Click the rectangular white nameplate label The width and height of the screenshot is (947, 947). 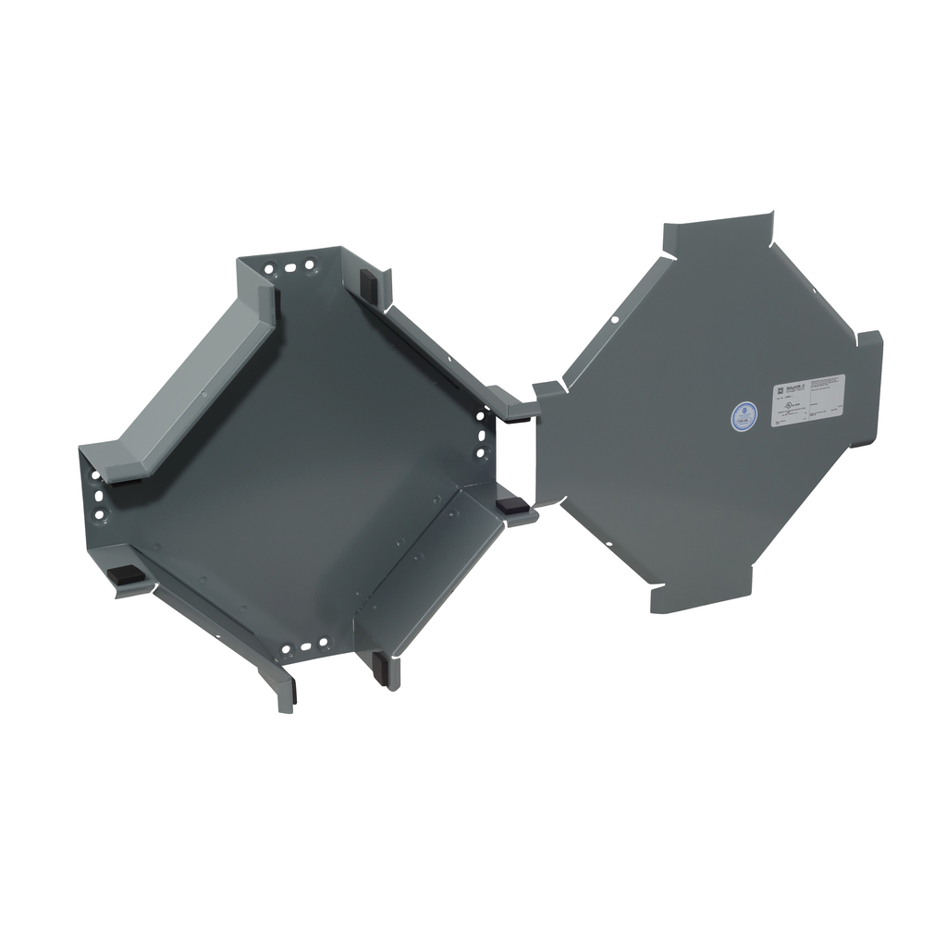(808, 400)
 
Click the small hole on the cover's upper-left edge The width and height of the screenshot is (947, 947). (614, 320)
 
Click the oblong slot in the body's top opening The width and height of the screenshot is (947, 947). (290, 268)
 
